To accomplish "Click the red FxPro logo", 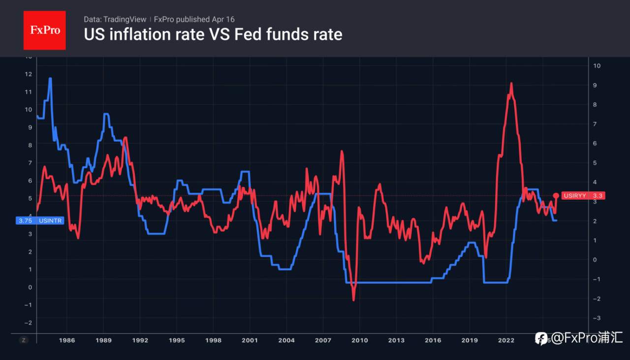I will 45,30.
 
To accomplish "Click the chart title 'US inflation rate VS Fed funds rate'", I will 213,34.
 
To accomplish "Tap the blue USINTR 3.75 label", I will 40,221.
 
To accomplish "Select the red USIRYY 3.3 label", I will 583,196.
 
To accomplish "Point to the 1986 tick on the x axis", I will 67,340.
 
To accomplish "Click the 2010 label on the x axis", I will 360,340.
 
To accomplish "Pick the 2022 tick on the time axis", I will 506,340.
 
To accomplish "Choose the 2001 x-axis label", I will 250,340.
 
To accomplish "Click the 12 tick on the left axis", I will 29,74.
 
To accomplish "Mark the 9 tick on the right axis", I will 596,85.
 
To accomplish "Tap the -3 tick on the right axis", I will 596,319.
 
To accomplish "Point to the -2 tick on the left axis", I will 29,322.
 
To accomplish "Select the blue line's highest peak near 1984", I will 50,78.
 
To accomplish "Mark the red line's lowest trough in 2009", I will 353,300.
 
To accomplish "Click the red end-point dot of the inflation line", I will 556,196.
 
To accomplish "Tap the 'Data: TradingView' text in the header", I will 115,19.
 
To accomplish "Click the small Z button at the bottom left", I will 23,340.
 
